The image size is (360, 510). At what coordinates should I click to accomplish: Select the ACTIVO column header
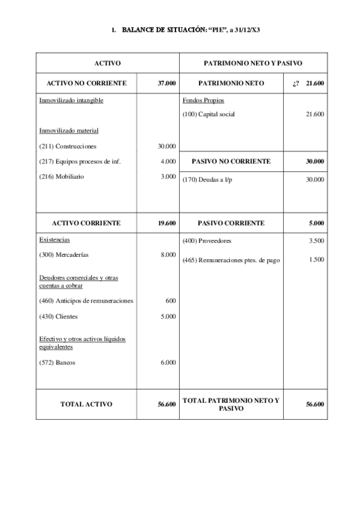click(108, 63)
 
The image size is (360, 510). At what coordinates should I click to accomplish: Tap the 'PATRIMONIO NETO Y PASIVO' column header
click(253, 63)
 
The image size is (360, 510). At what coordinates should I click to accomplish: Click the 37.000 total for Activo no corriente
click(166, 83)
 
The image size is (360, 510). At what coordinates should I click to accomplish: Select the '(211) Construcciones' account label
click(67, 146)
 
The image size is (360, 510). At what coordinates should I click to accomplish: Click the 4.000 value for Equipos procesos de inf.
click(168, 161)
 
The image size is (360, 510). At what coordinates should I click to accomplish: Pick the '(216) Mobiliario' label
click(63, 176)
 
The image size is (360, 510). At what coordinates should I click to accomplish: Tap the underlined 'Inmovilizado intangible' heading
click(71, 100)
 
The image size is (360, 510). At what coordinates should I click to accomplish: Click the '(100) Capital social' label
click(209, 114)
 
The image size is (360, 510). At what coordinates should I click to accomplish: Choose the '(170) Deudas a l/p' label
click(207, 180)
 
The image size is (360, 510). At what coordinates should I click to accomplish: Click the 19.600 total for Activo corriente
click(166, 223)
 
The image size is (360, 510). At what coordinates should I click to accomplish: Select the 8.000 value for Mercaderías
click(168, 254)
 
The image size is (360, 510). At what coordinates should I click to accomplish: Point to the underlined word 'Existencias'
click(54, 239)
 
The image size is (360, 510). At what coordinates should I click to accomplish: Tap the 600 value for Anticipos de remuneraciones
click(171, 301)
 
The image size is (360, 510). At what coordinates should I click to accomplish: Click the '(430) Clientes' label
click(58, 316)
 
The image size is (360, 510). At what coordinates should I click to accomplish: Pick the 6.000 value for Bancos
click(168, 363)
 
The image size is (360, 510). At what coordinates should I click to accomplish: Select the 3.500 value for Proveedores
click(316, 241)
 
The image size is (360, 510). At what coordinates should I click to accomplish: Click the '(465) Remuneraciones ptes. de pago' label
click(231, 260)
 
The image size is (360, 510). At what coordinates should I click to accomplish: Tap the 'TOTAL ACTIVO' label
click(87, 404)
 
